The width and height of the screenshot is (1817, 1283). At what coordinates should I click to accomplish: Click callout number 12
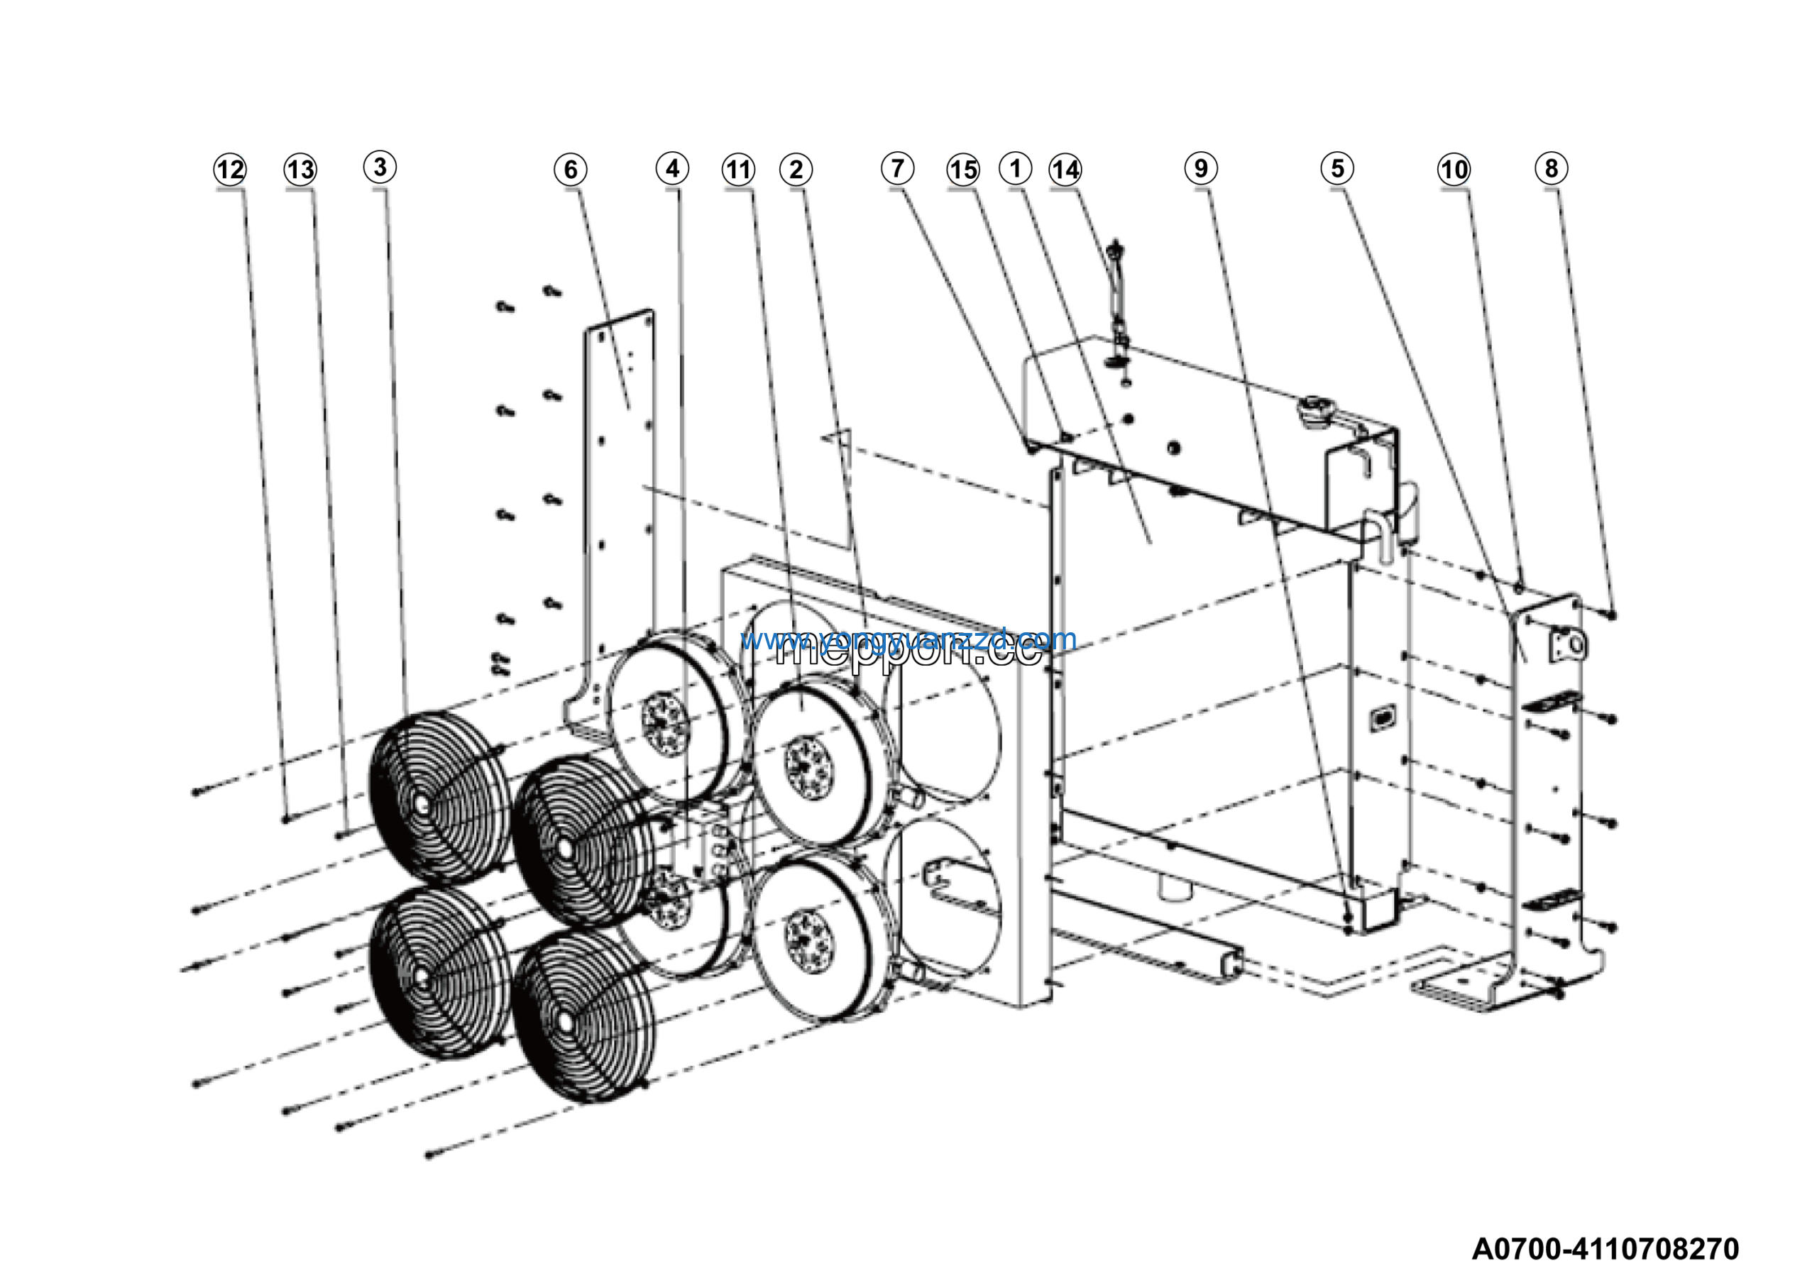tap(230, 170)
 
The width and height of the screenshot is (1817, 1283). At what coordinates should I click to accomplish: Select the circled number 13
tap(301, 170)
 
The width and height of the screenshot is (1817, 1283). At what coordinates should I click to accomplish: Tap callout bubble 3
tap(380, 167)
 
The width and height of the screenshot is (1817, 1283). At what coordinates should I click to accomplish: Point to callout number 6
tap(571, 170)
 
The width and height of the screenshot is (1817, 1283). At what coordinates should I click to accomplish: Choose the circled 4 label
tap(672, 168)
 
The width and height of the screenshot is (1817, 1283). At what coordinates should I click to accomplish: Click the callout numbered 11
tap(738, 170)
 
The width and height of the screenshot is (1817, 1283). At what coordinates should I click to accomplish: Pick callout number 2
tap(796, 170)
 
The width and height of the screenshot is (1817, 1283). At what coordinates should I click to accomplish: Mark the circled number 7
tap(897, 168)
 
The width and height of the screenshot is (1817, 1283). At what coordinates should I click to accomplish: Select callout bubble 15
tap(963, 170)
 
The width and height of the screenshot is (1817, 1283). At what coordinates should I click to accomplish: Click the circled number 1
tap(1016, 168)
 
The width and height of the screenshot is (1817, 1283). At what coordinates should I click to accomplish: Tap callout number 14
tap(1065, 170)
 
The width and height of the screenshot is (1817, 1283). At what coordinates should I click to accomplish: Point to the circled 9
tap(1200, 168)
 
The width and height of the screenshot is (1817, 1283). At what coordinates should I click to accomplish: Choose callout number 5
tap(1337, 168)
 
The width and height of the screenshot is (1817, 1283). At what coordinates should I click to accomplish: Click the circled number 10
tap(1454, 170)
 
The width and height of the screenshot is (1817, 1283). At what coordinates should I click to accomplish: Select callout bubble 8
tap(1551, 168)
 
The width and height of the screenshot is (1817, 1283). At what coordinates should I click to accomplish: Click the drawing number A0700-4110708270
tap(1605, 1249)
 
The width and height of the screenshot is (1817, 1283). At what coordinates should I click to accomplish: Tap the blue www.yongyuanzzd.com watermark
tap(908, 639)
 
